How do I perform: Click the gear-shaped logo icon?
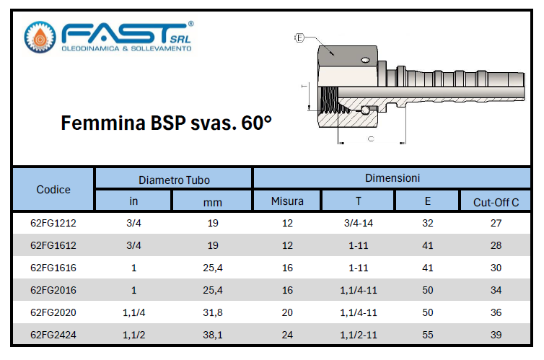40,37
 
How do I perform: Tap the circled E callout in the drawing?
299,38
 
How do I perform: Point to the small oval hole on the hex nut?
365,61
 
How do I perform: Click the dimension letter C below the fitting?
371,139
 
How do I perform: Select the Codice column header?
53,189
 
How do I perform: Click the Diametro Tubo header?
174,180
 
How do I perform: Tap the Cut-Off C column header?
496,202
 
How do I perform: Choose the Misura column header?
287,201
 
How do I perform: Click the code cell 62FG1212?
53,223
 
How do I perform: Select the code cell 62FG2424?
53,335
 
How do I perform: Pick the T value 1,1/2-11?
359,335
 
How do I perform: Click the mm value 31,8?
213,312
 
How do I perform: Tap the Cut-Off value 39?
496,335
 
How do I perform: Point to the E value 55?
427,335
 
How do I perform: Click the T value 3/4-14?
359,223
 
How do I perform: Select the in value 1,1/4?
133,312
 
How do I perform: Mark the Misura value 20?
287,312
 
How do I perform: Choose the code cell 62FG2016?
53,290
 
